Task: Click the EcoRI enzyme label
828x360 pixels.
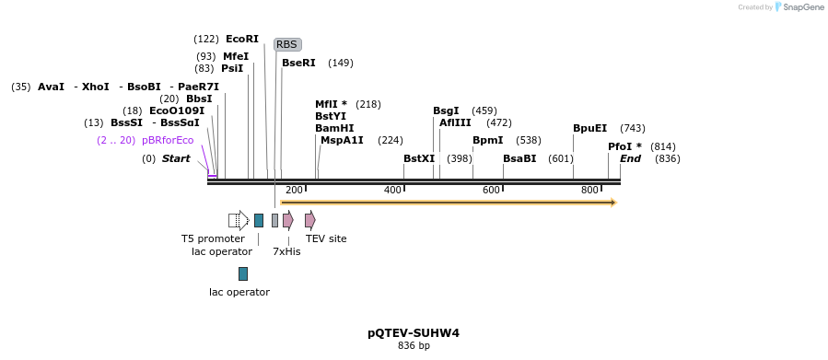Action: pyautogui.click(x=242, y=39)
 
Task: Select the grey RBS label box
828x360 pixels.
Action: pyautogui.click(x=287, y=44)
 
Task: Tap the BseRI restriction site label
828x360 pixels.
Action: pyautogui.click(x=298, y=63)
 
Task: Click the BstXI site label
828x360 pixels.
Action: pyautogui.click(x=419, y=158)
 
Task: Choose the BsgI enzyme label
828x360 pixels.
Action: pyautogui.click(x=446, y=110)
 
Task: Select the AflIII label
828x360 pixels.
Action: pyautogui.click(x=455, y=122)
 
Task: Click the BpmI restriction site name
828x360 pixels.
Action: pyautogui.click(x=487, y=140)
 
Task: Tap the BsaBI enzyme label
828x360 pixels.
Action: pyautogui.click(x=519, y=158)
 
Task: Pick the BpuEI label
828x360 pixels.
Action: pyautogui.click(x=589, y=128)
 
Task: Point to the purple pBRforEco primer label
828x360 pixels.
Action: pyautogui.click(x=168, y=140)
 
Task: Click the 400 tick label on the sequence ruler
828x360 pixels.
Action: pyautogui.click(x=392, y=190)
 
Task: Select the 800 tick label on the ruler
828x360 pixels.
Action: pyautogui.click(x=589, y=190)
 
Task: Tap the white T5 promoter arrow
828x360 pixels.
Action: pyautogui.click(x=239, y=220)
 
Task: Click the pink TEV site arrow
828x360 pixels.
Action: pyautogui.click(x=310, y=220)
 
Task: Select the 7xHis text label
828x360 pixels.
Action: pyautogui.click(x=286, y=251)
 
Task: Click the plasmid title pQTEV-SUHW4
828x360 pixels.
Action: pyautogui.click(x=414, y=332)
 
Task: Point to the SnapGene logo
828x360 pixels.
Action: pyautogui.click(x=799, y=7)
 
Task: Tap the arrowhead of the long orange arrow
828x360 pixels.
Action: pyautogui.click(x=612, y=203)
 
